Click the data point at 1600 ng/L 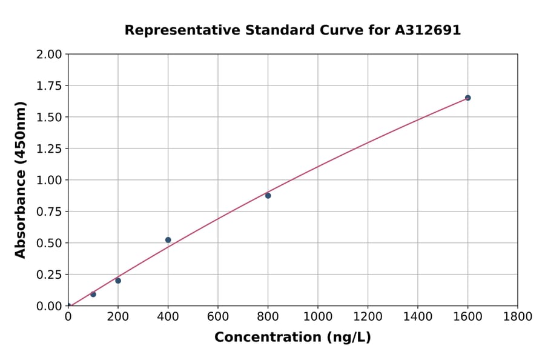coord(467,98)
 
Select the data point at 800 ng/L coord(268,196)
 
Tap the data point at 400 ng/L coord(168,240)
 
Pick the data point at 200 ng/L coord(118,281)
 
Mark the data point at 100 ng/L coord(93,295)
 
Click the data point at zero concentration coord(68,306)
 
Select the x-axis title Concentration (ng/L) coord(292,338)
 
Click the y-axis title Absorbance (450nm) coord(21,180)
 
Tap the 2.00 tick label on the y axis coord(48,55)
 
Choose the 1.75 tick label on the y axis coord(48,86)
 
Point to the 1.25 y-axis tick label coord(48,148)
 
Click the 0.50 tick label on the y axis coord(48,243)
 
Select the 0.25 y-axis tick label coord(48,275)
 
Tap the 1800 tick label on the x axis coord(517,316)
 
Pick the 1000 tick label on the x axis coord(317,316)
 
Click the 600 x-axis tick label coord(218,316)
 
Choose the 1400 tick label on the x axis coord(417,316)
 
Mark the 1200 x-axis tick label coord(368,316)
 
